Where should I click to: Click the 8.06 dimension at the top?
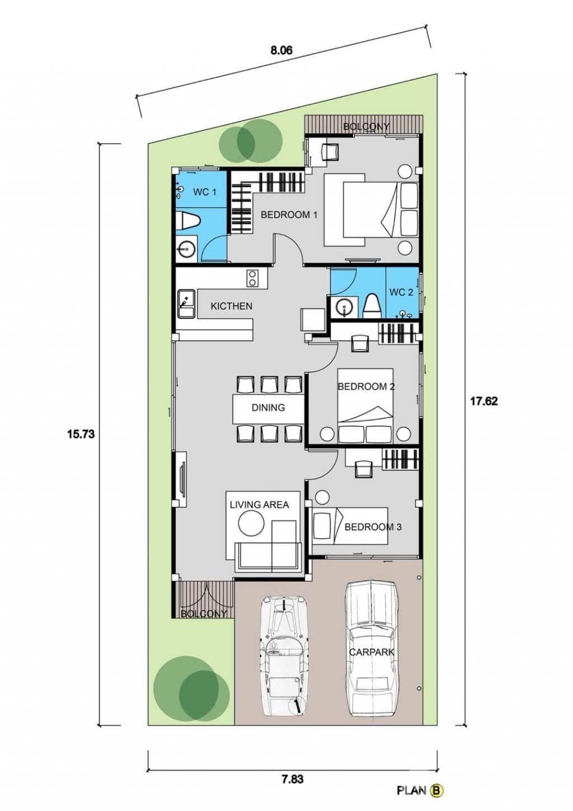pos(281,50)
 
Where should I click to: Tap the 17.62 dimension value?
pos(483,401)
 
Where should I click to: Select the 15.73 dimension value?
pos(81,433)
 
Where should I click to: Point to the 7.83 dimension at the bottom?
pos(292,779)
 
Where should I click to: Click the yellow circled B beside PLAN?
pos(437,790)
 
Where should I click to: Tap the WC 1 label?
pos(204,192)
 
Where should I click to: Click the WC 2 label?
pos(401,292)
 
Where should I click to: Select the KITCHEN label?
pos(231,306)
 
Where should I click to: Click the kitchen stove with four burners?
pos(252,278)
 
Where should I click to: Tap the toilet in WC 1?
pos(187,221)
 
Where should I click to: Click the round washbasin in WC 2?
pos(344,307)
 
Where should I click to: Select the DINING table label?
pos(268,408)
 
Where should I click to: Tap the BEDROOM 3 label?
pos(373,527)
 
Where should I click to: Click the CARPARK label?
pos(372,652)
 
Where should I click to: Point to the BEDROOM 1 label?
pos(289,215)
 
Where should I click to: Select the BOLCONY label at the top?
pos(366,127)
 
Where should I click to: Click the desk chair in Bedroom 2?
pos(360,343)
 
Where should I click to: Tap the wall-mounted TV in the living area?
pos(182,479)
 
